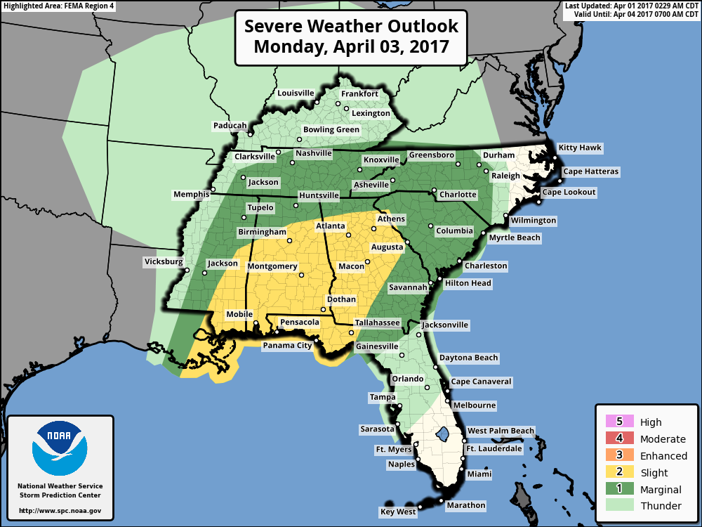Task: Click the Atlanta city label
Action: pyautogui.click(x=330, y=226)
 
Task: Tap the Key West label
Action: pyautogui.click(x=398, y=512)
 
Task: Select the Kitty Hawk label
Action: pyautogui.click(x=580, y=148)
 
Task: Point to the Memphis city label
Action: pyautogui.click(x=191, y=194)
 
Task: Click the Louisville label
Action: pyautogui.click(x=296, y=93)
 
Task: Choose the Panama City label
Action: pyautogui.click(x=287, y=346)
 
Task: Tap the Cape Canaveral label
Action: pyautogui.click(x=481, y=382)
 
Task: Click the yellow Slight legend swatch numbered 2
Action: pyautogui.click(x=619, y=473)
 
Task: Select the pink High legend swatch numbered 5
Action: pyautogui.click(x=619, y=422)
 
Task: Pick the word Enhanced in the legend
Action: pyautogui.click(x=663, y=456)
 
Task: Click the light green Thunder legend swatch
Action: pyautogui.click(x=619, y=506)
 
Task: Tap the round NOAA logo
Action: pyautogui.click(x=60, y=448)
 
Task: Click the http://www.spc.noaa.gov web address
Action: pyautogui.click(x=60, y=511)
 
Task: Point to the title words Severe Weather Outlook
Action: pyautogui.click(x=351, y=27)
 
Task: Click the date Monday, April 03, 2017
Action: pyautogui.click(x=351, y=48)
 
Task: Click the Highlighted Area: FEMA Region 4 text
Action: pyautogui.click(x=58, y=6)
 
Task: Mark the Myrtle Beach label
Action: pyautogui.click(x=515, y=238)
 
